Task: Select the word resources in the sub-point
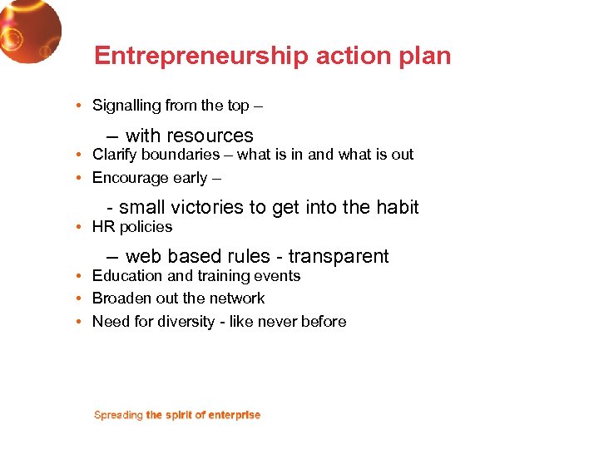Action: (210, 136)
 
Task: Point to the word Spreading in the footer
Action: (118, 415)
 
